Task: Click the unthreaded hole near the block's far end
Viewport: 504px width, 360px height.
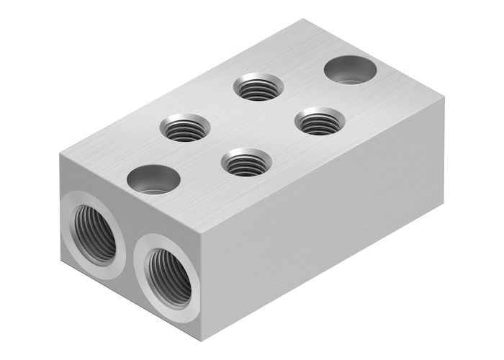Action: (x=351, y=70)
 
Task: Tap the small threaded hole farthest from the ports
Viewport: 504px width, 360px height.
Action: (x=258, y=88)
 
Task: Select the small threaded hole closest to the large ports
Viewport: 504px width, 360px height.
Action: (x=246, y=162)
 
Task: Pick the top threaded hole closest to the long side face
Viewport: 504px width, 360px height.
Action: (x=320, y=121)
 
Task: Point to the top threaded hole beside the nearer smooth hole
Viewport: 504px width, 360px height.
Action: (x=185, y=128)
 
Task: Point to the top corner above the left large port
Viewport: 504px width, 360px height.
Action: (x=61, y=156)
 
